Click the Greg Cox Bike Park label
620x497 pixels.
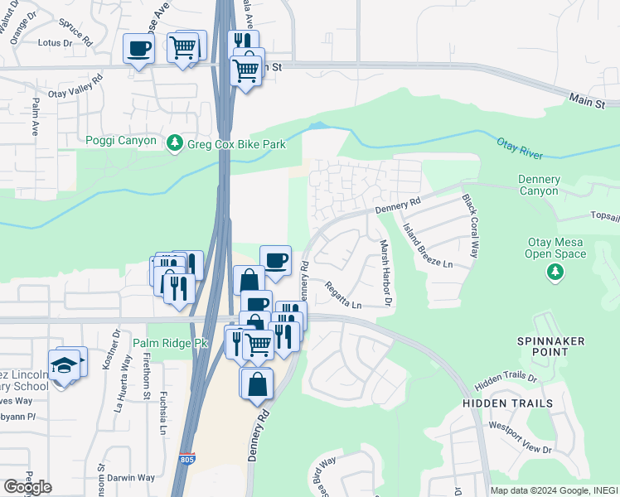click(x=237, y=144)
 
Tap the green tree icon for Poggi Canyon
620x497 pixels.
click(x=175, y=143)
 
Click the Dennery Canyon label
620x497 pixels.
click(x=539, y=186)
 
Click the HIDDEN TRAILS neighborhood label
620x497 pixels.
click(x=508, y=403)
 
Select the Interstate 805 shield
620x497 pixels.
click(x=188, y=458)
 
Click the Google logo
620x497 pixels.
click(x=27, y=486)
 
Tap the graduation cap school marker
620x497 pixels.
click(x=63, y=365)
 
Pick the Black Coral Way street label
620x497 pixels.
click(x=470, y=226)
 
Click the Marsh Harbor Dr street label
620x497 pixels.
click(x=385, y=273)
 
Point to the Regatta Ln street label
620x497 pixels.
click(x=344, y=294)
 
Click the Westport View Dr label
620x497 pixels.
click(x=521, y=439)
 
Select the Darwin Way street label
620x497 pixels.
click(x=133, y=478)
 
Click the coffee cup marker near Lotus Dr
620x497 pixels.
click(x=138, y=47)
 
